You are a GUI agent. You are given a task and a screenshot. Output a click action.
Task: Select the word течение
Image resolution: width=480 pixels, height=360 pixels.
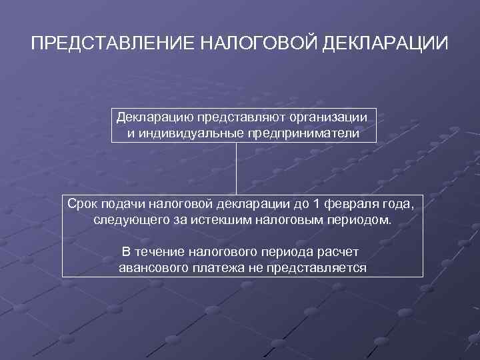[x=159, y=252]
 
